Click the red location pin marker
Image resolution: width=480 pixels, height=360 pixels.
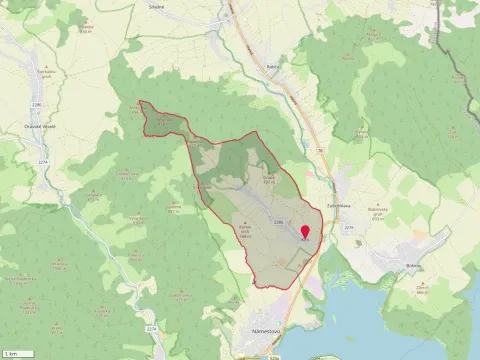pos(304,232)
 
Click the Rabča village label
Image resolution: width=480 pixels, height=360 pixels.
pos(273,67)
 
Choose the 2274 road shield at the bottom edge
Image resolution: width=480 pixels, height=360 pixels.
pos(152,329)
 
